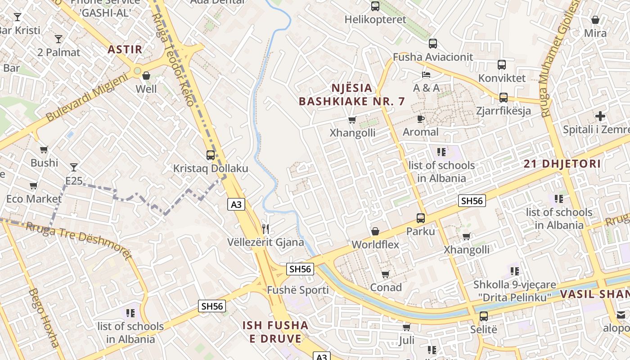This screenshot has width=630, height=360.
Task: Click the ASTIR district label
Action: pos(125,49)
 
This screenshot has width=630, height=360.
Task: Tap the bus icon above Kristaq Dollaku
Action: pos(210,155)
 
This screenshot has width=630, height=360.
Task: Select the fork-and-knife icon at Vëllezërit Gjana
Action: pos(265,229)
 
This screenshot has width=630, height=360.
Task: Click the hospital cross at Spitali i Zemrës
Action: pos(600,116)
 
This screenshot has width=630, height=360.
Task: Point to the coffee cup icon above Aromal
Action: pos(420,119)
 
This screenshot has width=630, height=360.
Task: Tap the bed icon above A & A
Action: pos(426,74)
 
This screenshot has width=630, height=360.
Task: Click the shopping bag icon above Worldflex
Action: pos(375,231)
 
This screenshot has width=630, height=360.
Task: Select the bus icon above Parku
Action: pos(420,218)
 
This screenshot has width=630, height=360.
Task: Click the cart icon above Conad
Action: pos(385,274)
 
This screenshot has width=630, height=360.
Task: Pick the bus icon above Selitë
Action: pos(483,316)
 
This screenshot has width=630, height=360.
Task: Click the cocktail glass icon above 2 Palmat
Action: pos(58,39)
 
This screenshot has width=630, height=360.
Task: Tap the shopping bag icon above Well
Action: pos(146,76)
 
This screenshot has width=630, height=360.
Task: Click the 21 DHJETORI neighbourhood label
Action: pos(562,164)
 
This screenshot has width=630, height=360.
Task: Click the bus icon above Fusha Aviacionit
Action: pos(432,44)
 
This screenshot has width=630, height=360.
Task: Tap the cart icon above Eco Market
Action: pos(33,185)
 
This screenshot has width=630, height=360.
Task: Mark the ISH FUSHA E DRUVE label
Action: pos(275,332)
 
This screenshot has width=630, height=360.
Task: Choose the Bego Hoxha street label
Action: pos(44,318)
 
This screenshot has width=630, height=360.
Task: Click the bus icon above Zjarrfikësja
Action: pos(503,97)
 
